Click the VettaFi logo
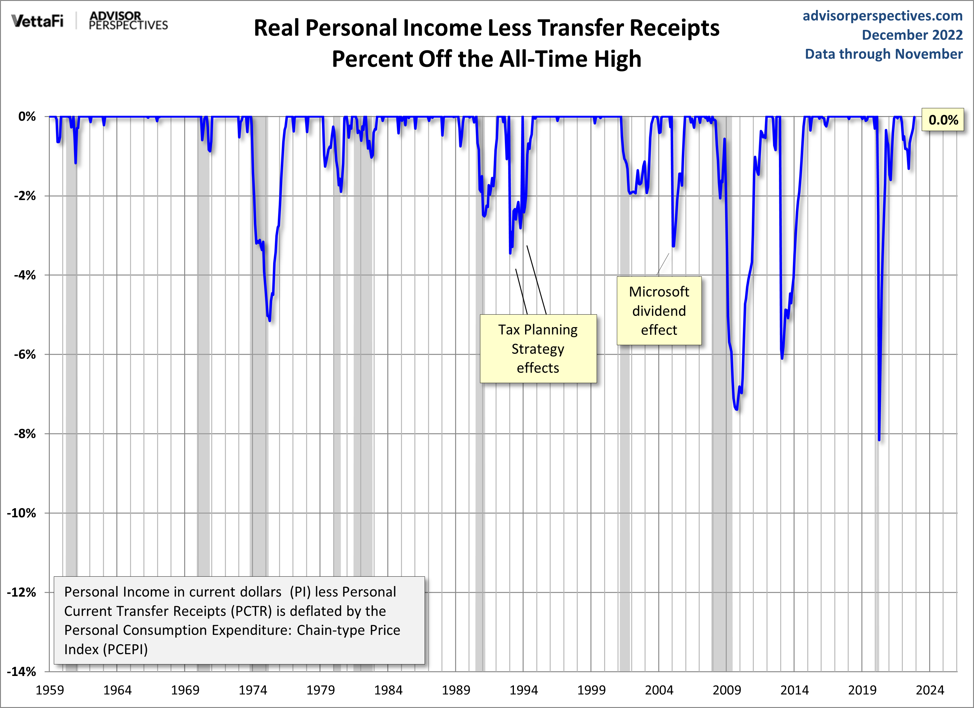click(x=37, y=21)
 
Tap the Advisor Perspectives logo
click(x=128, y=21)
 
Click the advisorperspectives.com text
click(x=883, y=16)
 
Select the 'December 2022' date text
click(x=912, y=35)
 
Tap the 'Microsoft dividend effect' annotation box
click(x=659, y=311)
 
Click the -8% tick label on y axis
click(x=25, y=434)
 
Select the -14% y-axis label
click(x=21, y=672)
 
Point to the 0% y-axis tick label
click(x=27, y=116)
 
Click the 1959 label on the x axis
click(x=50, y=690)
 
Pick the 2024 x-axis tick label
click(x=930, y=690)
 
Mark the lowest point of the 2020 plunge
click(x=879, y=439)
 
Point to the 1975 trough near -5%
click(x=269, y=320)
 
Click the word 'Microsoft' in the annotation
click(x=659, y=292)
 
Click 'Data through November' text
click(x=883, y=54)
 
